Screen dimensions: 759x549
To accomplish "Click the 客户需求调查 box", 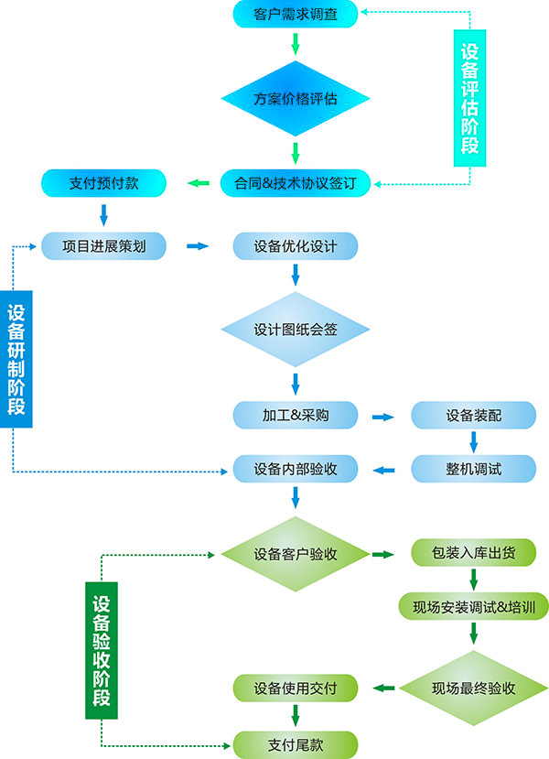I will coord(295,14).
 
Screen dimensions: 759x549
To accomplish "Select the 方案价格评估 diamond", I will coord(295,98).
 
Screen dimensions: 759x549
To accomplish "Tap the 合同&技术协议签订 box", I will coord(295,183).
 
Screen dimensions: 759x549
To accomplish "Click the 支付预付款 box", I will coord(103,183).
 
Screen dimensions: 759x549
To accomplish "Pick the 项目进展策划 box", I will coord(103,245).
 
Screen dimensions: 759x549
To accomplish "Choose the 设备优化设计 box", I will coord(295,245).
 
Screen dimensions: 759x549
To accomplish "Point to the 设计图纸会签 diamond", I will coord(295,329).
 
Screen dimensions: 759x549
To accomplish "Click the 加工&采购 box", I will coord(295,415).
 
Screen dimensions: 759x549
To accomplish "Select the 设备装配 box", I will coord(473,415).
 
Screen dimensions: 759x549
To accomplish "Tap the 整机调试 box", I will coord(473,469).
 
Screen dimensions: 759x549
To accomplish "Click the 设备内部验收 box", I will coord(295,469).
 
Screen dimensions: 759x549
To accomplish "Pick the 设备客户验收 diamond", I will coord(295,554).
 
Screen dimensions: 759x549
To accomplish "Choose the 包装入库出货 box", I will coord(473,554).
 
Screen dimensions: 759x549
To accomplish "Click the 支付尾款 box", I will coord(295,743).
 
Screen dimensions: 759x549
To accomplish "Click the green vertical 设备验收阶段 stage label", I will coord(102,649).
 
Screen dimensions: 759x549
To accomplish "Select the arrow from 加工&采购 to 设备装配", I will coord(382,417).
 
